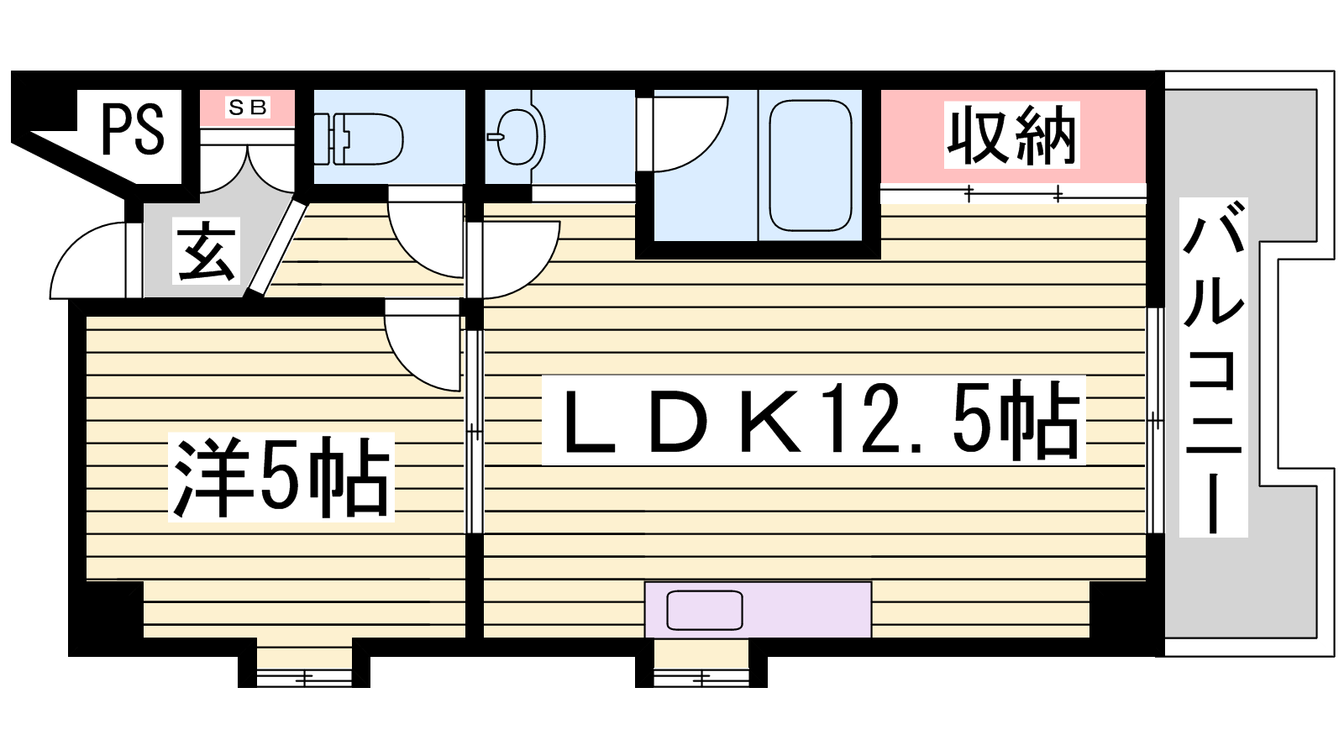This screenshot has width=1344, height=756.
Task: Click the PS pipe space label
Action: (133, 129)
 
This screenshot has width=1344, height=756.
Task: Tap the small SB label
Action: (247, 108)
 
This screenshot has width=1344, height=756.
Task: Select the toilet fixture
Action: (359, 139)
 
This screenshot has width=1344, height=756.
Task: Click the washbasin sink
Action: (516, 137)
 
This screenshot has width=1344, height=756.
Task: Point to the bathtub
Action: (810, 165)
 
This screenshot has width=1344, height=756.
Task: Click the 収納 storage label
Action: (1011, 135)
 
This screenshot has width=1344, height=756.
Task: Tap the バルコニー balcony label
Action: (1213, 366)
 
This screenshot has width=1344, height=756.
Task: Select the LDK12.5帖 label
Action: (814, 420)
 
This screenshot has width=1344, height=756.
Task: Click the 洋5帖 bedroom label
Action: (281, 477)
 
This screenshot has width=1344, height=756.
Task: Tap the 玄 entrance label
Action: (206, 250)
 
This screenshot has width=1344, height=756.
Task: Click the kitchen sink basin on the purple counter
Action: (705, 610)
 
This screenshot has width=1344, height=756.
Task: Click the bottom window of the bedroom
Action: (304, 679)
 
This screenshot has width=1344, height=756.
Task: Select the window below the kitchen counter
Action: (701, 679)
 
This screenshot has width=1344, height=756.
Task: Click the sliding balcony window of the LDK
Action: (1156, 421)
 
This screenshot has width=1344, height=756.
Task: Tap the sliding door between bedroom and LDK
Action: (475, 432)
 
